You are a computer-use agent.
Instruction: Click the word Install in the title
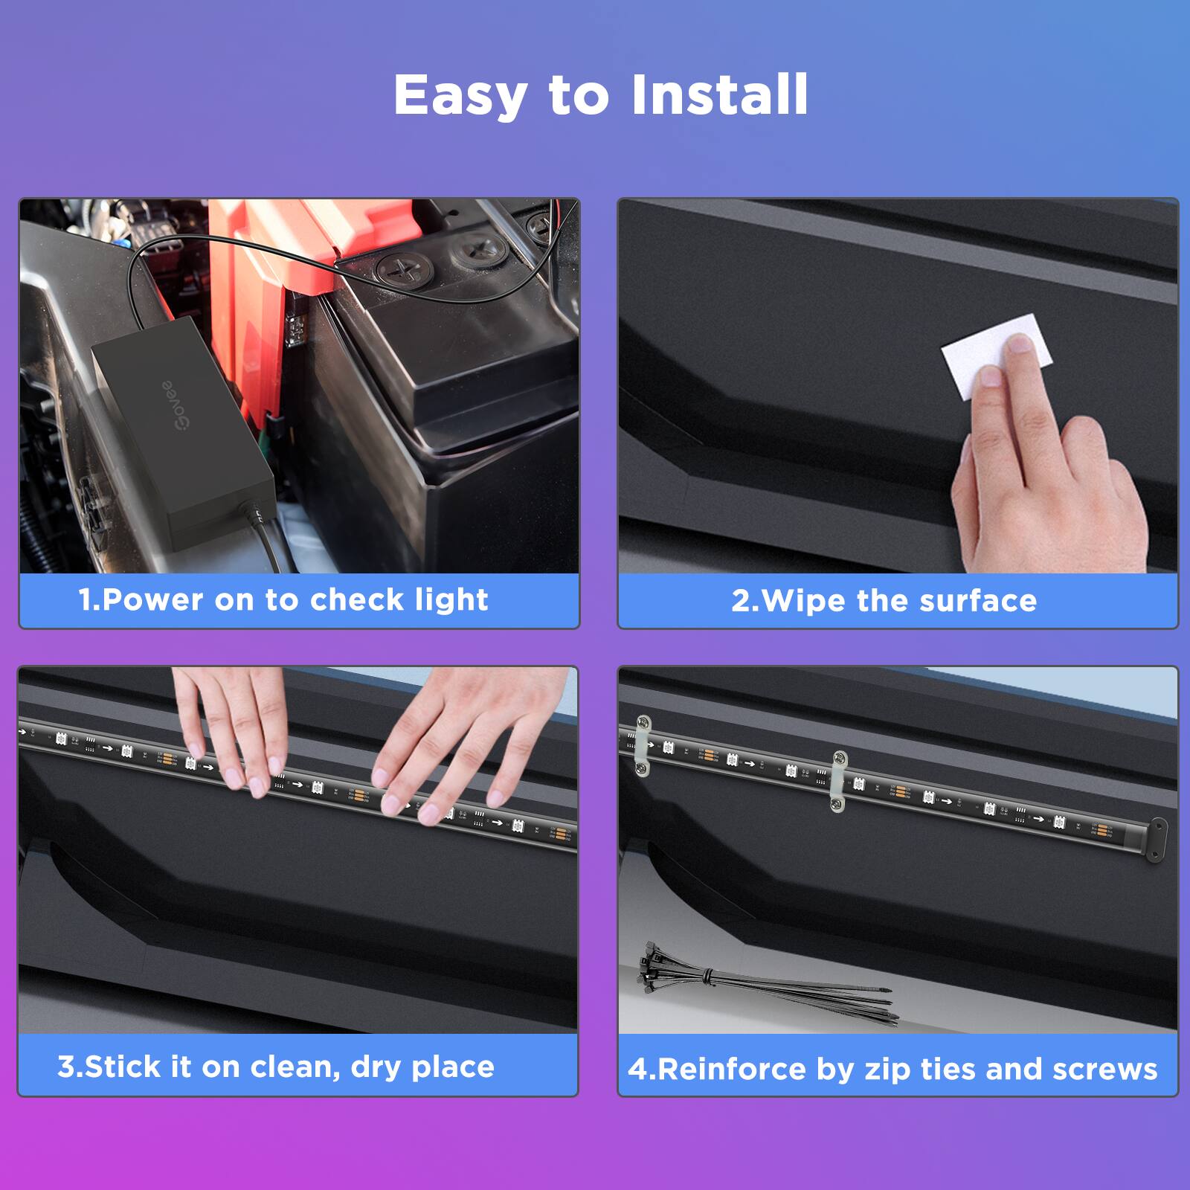click(x=719, y=95)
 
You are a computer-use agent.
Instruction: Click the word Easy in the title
click(x=460, y=95)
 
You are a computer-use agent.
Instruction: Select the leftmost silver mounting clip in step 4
click(x=643, y=744)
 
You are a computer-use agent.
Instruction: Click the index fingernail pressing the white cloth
click(x=1020, y=343)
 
